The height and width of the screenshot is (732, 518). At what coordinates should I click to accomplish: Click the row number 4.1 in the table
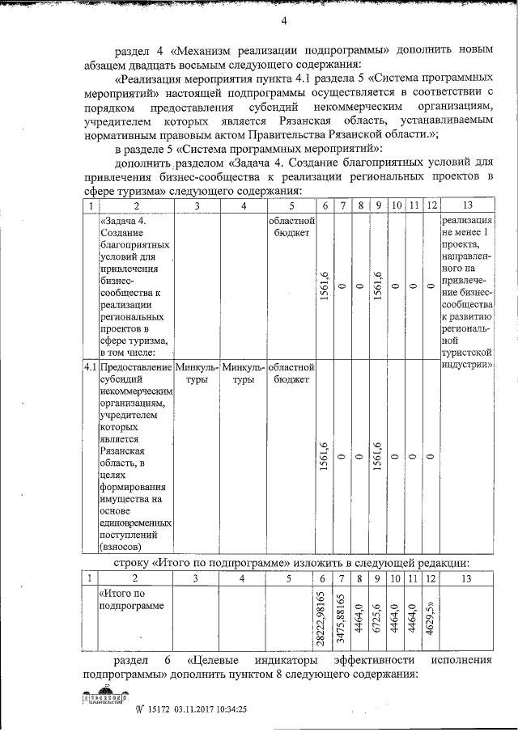click(90, 367)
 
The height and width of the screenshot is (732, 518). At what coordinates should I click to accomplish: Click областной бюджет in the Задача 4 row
click(289, 226)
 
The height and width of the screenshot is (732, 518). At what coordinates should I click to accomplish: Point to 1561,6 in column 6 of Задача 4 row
click(324, 286)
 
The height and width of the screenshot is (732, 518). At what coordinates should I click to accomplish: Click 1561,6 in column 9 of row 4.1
click(378, 457)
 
